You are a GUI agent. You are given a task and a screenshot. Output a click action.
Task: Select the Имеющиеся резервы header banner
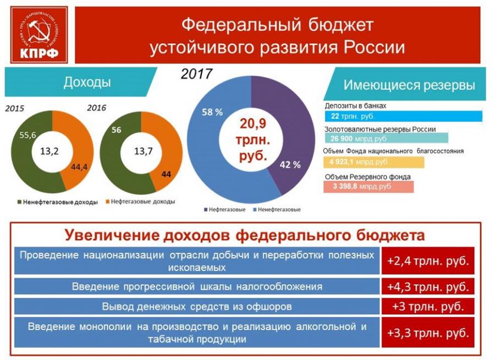407,85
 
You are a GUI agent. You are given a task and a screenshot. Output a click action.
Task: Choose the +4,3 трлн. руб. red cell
427,286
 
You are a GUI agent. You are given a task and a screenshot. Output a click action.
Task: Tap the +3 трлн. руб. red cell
427,306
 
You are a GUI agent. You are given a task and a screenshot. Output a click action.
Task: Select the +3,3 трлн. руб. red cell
427,333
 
